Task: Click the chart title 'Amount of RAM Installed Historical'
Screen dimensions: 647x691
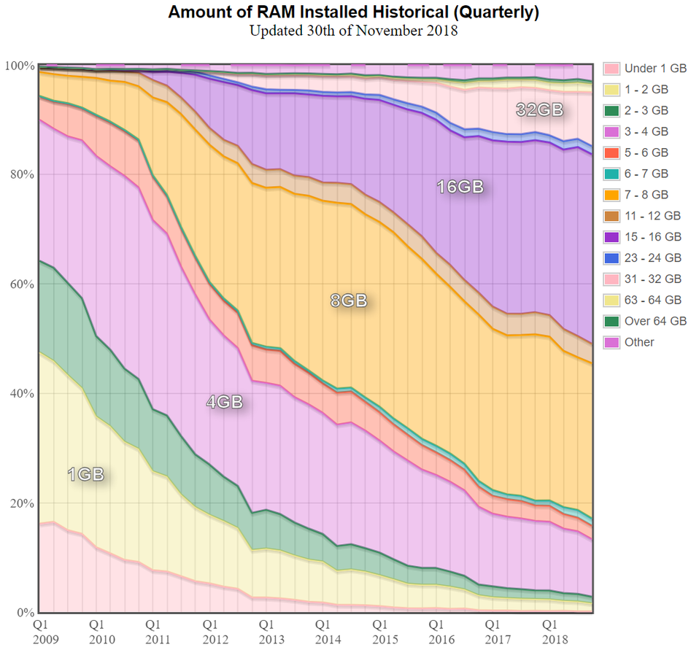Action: (353, 12)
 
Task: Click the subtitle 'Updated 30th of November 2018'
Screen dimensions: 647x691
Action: (353, 31)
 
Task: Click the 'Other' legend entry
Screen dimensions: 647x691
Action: (639, 342)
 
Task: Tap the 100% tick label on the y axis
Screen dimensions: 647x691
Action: (20, 66)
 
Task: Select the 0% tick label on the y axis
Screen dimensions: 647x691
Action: (25, 613)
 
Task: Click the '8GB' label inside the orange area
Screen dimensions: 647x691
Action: (348, 301)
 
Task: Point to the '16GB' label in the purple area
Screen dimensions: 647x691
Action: (460, 187)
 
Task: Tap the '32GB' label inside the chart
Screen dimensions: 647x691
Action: (541, 110)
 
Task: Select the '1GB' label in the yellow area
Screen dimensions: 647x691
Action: (85, 475)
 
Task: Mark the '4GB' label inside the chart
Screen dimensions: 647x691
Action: (224, 402)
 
